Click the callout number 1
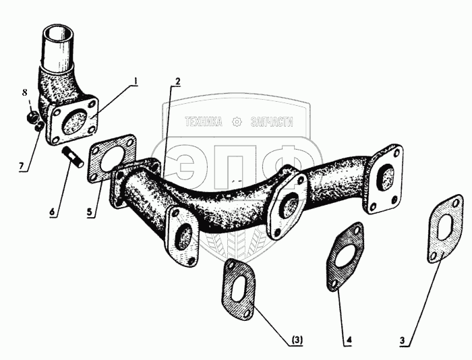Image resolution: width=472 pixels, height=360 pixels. tap(136, 82)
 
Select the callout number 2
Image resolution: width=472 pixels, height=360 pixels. tap(177, 82)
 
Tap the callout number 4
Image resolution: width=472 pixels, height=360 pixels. tap(349, 340)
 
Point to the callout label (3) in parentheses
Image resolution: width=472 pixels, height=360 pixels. tap(297, 340)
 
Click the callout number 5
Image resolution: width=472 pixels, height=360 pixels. tap(90, 212)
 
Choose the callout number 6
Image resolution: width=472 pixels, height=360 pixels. tap(53, 212)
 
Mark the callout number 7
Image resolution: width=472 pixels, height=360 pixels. tap(22, 166)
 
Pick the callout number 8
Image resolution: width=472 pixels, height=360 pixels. tap(24, 93)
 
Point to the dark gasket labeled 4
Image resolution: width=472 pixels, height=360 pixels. tap(345, 256)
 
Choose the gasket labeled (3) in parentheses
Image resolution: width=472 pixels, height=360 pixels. tap(239, 288)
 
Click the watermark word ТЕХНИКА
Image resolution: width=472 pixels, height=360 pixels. tap(204, 122)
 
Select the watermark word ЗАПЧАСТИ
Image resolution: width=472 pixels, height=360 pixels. tap(272, 122)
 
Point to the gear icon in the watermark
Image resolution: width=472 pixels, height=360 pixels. tap(237, 122)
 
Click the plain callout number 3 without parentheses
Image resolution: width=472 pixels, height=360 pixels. tap(403, 340)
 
